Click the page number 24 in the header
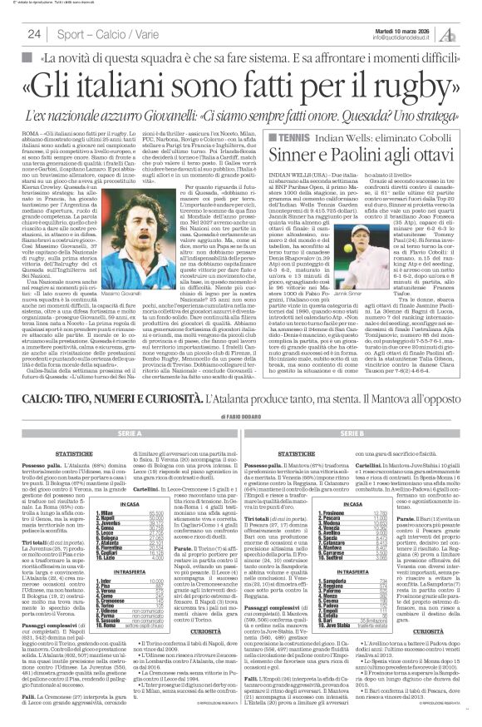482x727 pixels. tap(34, 33)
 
